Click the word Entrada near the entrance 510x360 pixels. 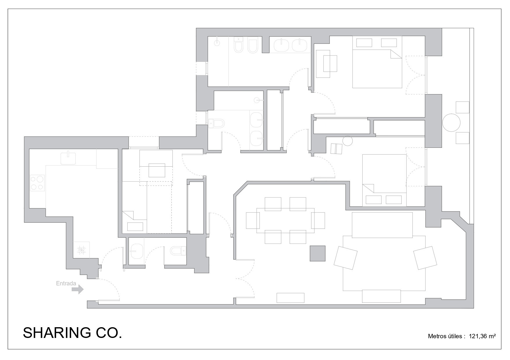[x=66, y=283]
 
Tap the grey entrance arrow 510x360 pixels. [x=78, y=289]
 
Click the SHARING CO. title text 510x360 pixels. [x=72, y=333]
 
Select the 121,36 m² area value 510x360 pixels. [x=482, y=336]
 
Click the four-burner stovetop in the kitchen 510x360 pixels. [x=37, y=183]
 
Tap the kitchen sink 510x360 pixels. [x=68, y=158]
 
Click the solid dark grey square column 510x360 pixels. [x=317, y=253]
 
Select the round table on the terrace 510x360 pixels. [x=451, y=123]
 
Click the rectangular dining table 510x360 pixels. [x=285, y=221]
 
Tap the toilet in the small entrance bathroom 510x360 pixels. [x=178, y=251]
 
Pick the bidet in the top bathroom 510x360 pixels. [x=253, y=45]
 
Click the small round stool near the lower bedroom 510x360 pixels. [x=348, y=141]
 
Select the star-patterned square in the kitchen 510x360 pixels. [x=81, y=250]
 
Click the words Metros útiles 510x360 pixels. [x=445, y=336]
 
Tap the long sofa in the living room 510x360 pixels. [x=382, y=225]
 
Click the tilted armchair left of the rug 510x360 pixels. [x=346, y=258]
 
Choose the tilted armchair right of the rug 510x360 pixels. [x=425, y=258]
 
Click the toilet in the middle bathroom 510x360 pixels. [x=217, y=123]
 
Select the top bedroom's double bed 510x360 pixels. [x=377, y=69]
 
